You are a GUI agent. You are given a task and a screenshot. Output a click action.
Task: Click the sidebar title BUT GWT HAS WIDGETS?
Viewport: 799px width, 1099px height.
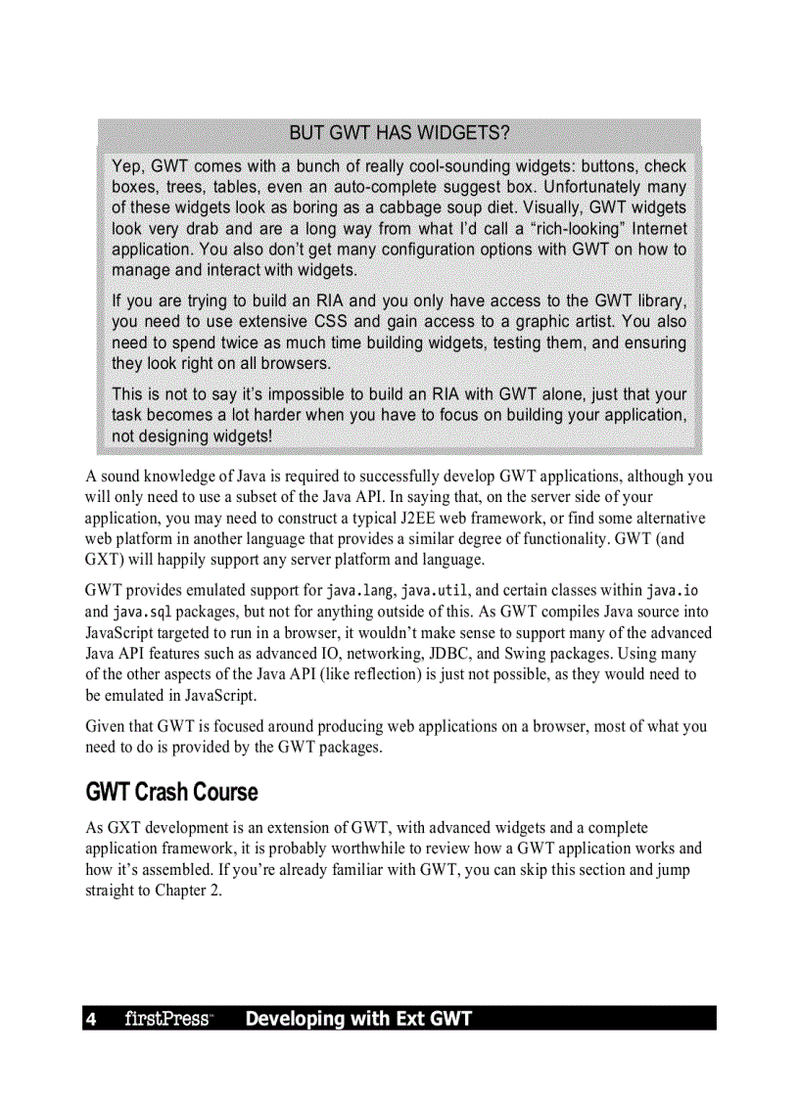coord(399,133)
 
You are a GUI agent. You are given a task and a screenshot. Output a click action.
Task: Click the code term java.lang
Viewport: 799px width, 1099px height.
coord(360,591)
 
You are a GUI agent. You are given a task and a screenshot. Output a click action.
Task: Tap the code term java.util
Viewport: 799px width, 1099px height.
coord(436,591)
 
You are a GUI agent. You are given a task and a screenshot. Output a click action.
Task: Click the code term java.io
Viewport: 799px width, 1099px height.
coord(672,591)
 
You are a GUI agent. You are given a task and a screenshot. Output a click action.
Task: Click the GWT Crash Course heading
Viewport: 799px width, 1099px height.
coord(171,791)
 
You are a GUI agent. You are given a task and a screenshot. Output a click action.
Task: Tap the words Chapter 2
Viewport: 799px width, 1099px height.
coord(188,891)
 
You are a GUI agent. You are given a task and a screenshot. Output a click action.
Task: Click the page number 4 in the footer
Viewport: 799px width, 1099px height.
coord(91,1020)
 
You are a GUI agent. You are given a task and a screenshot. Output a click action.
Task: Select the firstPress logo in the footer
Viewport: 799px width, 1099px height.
coord(167,1020)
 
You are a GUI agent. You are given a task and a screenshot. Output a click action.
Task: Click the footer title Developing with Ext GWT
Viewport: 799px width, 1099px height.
coord(358,1020)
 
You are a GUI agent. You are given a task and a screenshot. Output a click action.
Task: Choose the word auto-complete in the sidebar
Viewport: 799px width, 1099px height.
coord(383,186)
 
